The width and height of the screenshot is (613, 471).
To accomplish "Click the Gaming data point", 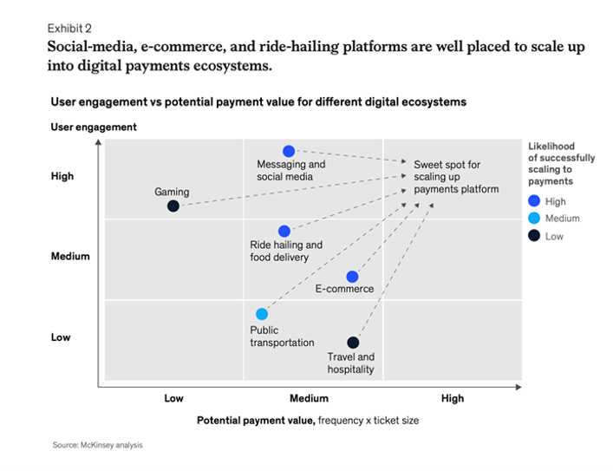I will click(x=173, y=206).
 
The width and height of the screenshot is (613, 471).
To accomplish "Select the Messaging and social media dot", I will click(x=289, y=151).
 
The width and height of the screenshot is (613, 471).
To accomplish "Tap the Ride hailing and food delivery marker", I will click(x=284, y=231).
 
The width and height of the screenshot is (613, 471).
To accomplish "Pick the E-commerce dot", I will click(x=352, y=277).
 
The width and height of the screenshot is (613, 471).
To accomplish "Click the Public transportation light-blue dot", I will click(x=262, y=314).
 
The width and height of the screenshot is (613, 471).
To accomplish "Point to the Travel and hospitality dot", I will click(x=352, y=343).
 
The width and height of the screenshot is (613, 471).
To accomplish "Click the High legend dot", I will click(x=534, y=201).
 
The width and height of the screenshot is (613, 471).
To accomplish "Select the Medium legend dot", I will click(x=534, y=219).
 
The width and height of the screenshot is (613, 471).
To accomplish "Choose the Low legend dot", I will click(x=534, y=236).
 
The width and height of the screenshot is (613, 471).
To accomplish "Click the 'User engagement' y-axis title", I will click(x=94, y=128).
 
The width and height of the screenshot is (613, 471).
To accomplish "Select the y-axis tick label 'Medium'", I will click(x=70, y=257).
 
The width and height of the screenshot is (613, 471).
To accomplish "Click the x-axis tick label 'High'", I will click(x=452, y=399).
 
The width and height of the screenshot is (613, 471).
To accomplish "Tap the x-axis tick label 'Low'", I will click(x=173, y=399).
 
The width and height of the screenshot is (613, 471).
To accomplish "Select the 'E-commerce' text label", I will click(x=344, y=289).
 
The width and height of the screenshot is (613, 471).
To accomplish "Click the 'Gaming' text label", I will click(x=172, y=193).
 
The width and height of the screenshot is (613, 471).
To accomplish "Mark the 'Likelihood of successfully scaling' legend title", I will click(x=561, y=164).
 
